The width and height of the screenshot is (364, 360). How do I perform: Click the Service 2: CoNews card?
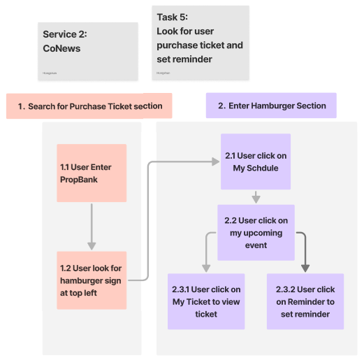point(87,51)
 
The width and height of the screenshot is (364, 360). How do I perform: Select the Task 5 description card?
point(200,43)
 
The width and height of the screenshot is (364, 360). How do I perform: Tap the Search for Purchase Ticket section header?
point(89,106)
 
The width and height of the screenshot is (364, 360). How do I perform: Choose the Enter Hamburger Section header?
point(271,106)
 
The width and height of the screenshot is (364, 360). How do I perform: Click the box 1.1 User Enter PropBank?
point(92,173)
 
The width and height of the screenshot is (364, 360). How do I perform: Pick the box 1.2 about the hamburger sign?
point(92,280)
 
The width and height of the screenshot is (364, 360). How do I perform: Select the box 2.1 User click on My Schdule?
point(256,161)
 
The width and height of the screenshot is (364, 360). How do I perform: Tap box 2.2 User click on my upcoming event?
point(256,233)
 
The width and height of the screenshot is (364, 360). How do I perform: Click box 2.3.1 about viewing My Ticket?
point(206,301)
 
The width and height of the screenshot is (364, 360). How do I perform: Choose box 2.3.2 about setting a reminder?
point(305,301)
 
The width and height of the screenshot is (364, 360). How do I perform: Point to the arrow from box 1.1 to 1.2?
point(92,226)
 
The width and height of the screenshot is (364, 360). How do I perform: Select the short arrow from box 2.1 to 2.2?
point(256,197)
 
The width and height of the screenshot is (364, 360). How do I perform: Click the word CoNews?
point(61,49)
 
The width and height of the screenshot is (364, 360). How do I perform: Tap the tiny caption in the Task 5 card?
point(163,72)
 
